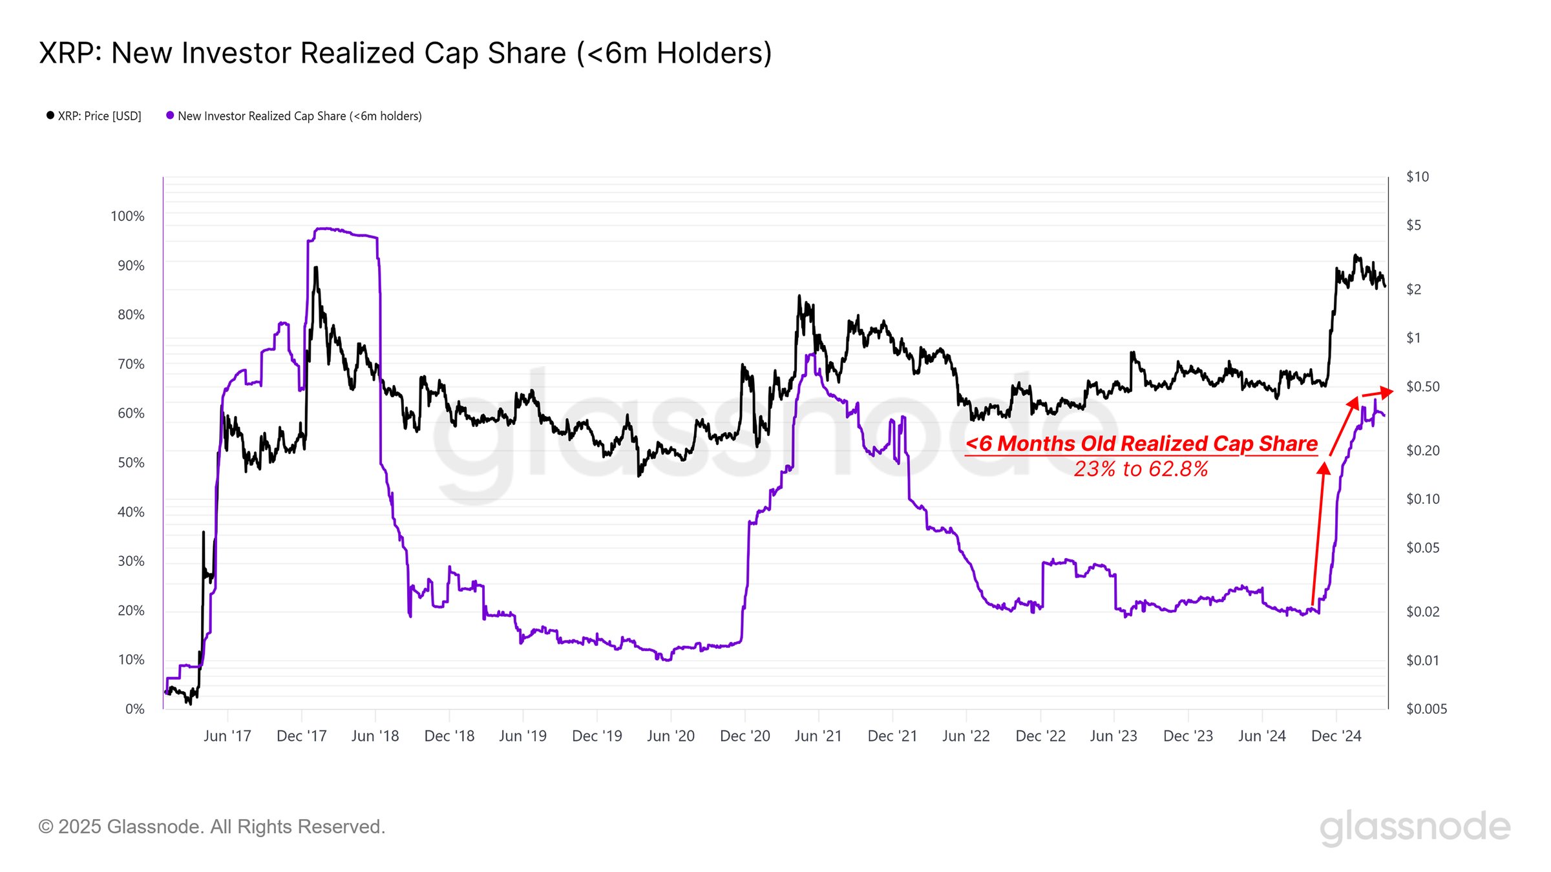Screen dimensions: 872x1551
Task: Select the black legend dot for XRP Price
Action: pos(50,116)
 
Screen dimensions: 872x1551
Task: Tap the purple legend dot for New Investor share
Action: pos(170,116)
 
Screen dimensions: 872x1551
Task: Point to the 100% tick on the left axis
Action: pos(127,216)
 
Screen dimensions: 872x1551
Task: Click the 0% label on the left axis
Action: pos(134,709)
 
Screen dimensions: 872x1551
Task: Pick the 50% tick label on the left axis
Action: pos(131,463)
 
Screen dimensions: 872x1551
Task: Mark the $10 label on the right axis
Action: pos(1417,177)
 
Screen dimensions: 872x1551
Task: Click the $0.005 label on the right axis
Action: pos(1426,709)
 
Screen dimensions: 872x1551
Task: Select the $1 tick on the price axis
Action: pos(1413,338)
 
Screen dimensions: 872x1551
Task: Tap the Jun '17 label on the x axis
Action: pos(227,736)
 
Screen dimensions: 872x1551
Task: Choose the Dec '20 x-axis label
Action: pos(744,736)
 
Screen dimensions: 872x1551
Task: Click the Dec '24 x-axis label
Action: pos(1336,736)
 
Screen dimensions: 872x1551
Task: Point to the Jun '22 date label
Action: pos(965,736)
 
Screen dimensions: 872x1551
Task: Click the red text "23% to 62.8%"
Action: pos(1141,469)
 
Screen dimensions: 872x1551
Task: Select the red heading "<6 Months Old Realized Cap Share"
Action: pos(1141,444)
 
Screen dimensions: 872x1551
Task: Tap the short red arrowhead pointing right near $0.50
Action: pos(1386,391)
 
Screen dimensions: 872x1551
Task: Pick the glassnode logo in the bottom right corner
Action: pos(1415,827)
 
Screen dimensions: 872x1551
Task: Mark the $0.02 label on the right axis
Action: pos(1422,612)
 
